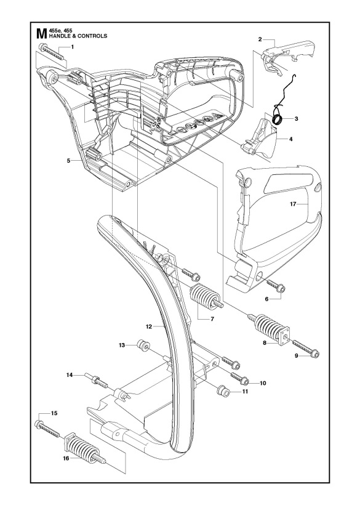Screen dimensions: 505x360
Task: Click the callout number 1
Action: (73, 47)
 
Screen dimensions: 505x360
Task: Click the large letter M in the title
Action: (42, 33)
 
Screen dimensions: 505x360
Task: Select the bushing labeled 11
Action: (222, 390)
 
